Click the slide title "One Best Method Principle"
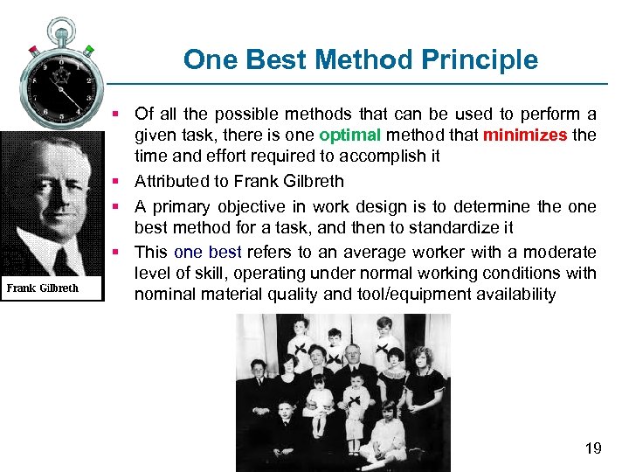click(360, 59)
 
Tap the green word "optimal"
click(350, 135)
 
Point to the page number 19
click(593, 448)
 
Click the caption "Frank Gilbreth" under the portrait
click(43, 288)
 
